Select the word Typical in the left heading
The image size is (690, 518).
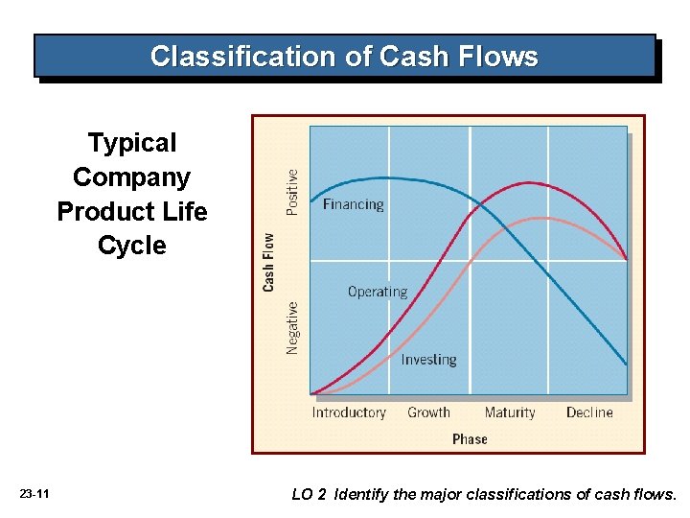[132, 143]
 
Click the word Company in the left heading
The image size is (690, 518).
[132, 177]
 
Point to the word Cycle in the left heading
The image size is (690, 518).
[132, 246]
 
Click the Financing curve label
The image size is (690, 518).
[353, 204]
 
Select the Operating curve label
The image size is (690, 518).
[377, 292]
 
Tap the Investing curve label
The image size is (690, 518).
[428, 360]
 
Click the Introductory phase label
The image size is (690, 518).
[349, 412]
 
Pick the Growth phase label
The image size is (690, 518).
[428, 412]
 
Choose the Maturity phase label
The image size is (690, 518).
[510, 412]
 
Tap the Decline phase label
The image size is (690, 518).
[589, 412]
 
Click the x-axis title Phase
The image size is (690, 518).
[470, 438]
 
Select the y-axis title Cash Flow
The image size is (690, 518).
[269, 262]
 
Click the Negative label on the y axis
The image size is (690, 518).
[292, 328]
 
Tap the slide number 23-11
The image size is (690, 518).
[34, 494]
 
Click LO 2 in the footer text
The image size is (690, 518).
[309, 495]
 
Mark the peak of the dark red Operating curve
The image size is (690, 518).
[529, 182]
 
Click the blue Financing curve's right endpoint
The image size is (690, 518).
[627, 365]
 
